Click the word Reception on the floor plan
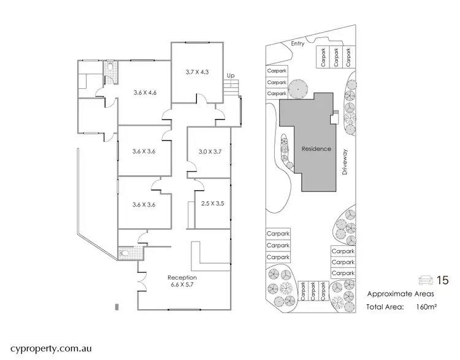182,277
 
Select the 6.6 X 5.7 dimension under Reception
182,285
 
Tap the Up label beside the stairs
231,75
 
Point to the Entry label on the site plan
298,44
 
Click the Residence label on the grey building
316,149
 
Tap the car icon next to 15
424,280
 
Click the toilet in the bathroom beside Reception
125,251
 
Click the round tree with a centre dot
298,89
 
